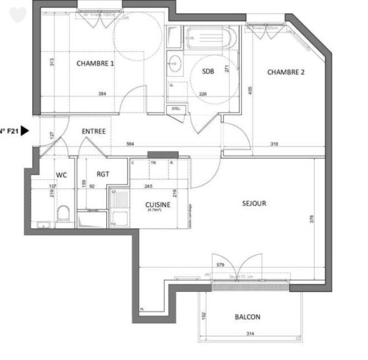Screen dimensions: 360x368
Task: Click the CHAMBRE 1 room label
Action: tap(95, 64)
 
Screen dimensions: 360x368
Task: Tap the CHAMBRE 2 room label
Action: tap(285, 73)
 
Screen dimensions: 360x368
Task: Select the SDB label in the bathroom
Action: tap(208, 73)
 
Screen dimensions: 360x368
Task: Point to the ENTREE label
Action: tap(94, 131)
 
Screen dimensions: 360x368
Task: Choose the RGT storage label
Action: tap(103, 174)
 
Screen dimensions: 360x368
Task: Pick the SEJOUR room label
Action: tap(254, 203)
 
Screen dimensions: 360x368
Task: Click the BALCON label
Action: tap(247, 317)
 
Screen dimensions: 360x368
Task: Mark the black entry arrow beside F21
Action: tap(24, 131)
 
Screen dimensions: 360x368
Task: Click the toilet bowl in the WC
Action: tap(64, 214)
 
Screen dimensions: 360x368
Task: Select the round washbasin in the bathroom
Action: tap(175, 64)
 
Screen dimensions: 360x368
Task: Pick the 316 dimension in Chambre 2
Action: tap(274, 144)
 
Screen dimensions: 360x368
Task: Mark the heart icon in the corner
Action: tap(17, 15)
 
